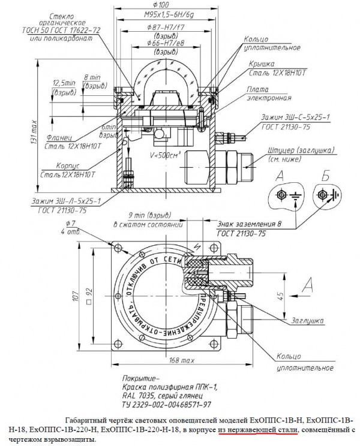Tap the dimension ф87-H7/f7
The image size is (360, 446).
[x=163, y=28]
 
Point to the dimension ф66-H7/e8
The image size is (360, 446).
[x=163, y=43]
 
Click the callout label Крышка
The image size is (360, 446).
[x=262, y=64]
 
